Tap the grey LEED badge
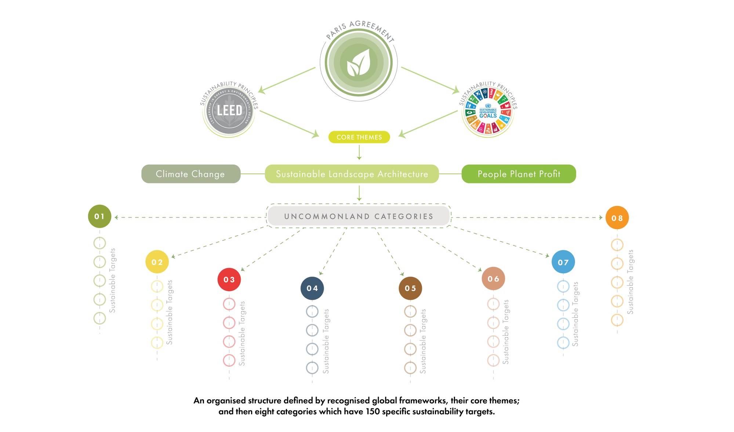[229, 110]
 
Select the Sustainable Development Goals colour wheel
[488, 111]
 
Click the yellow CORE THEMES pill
[359, 137]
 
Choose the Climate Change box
[191, 174]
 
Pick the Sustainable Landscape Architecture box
[352, 174]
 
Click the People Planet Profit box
[519, 174]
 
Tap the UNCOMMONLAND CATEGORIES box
[359, 216]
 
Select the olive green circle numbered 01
[99, 216]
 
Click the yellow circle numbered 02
[157, 262]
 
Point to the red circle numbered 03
[229, 280]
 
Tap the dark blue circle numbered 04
[312, 288]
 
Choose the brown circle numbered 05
[410, 288]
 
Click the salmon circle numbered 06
[493, 279]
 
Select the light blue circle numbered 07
[563, 262]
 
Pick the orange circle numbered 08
[617, 218]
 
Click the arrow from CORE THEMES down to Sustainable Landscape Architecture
[359, 152]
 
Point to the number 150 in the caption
[373, 411]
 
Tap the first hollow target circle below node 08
[617, 245]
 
